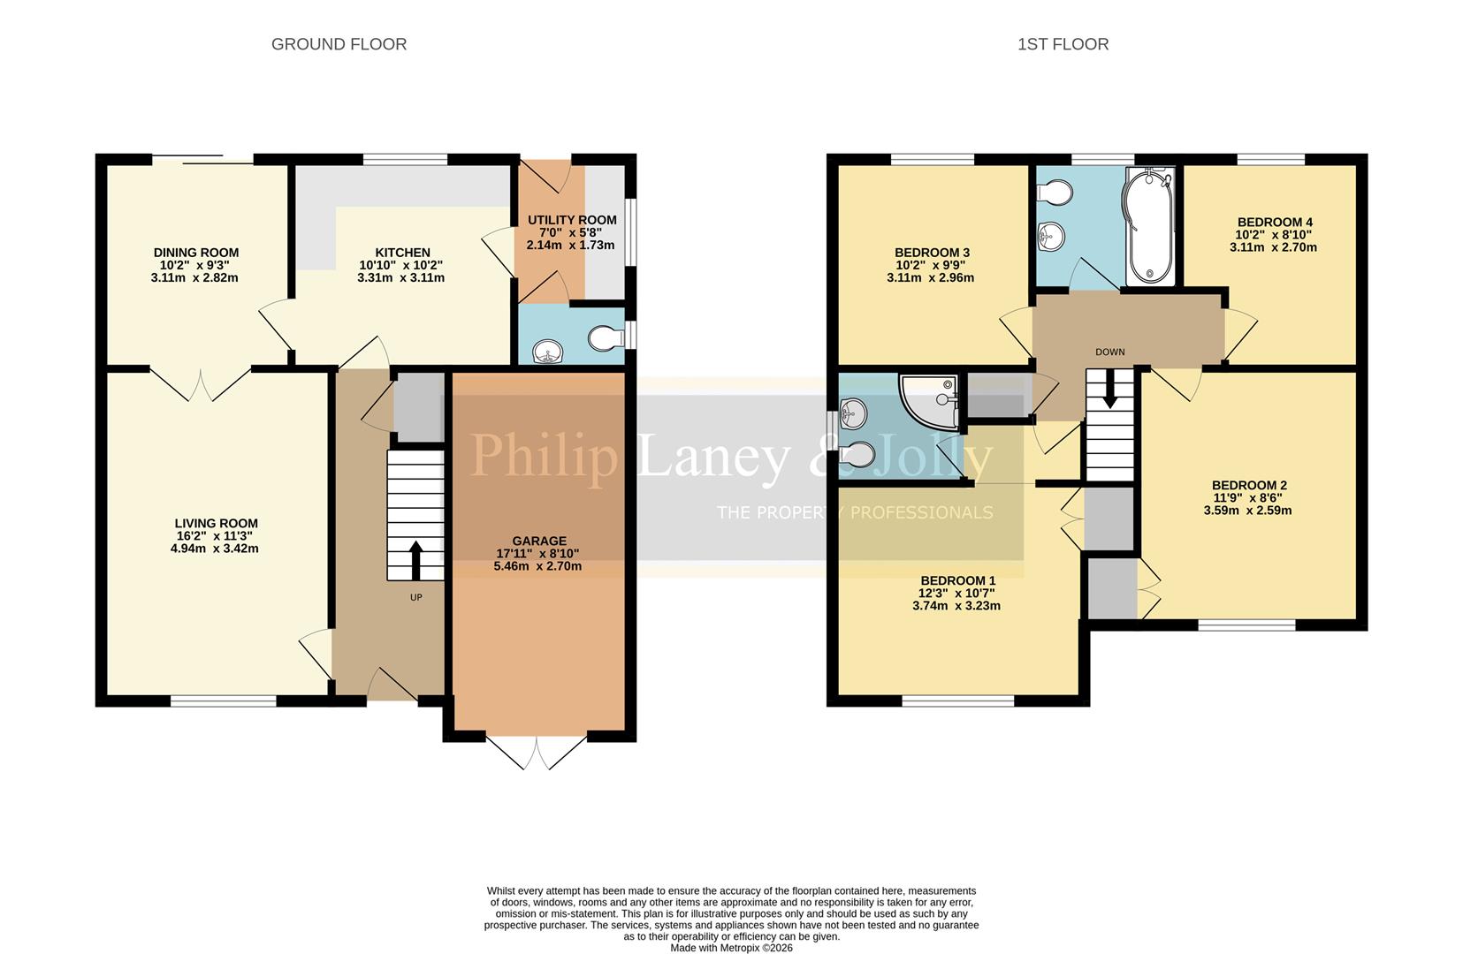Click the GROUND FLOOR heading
coord(339,44)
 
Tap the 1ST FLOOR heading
coord(1063,44)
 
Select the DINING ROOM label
coord(195,253)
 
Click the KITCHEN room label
coord(402,253)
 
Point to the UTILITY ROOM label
coord(572,220)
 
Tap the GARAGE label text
coord(539,541)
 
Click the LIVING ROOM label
coord(216,523)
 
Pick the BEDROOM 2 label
coord(1248,485)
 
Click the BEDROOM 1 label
coord(957,581)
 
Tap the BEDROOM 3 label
coord(932,253)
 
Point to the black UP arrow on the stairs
coord(415,559)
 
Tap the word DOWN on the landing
coord(1109,352)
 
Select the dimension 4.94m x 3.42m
coord(215,549)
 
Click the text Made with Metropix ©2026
coord(731,948)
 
